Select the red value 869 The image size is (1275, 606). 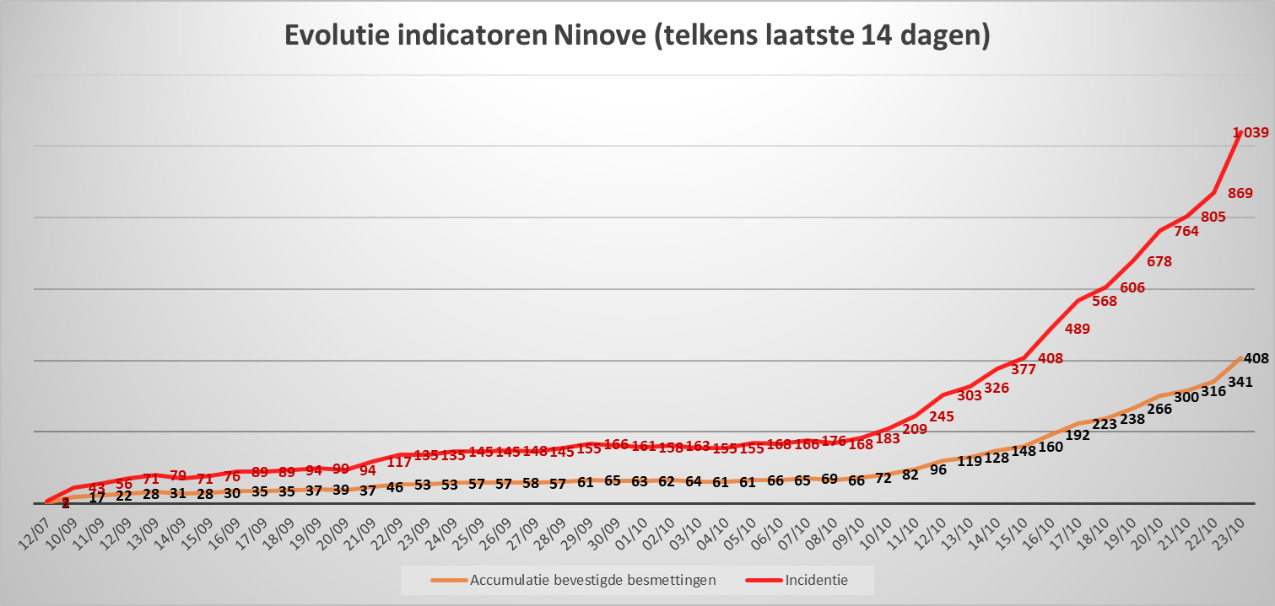[1240, 193]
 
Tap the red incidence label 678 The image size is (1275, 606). [1159, 262]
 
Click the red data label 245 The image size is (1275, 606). [943, 416]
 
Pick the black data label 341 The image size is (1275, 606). [1240, 383]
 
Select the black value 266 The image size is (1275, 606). [1159, 409]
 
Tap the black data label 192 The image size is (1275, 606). [1078, 436]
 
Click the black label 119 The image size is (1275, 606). [970, 461]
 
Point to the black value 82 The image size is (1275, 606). [910, 475]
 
